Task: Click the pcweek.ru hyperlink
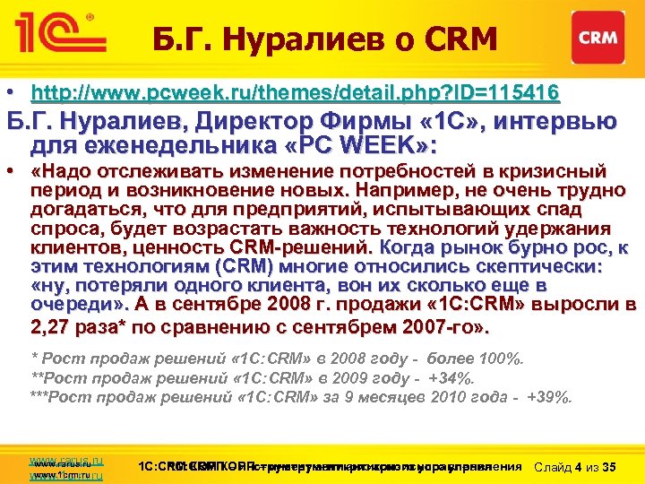pyautogui.click(x=295, y=91)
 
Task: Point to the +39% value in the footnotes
pyautogui.click(x=555, y=396)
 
